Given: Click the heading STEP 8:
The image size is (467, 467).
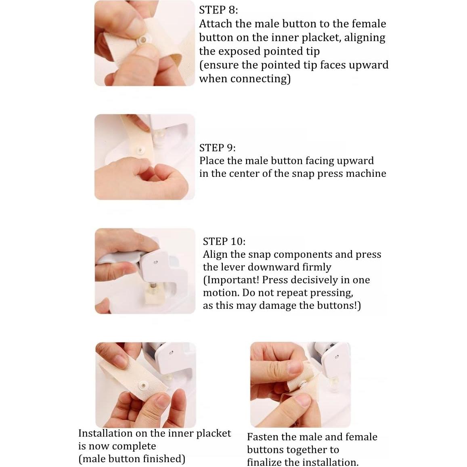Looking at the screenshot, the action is (218, 10).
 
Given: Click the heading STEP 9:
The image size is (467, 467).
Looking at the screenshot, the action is (217, 148).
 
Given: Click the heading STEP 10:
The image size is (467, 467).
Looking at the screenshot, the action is (224, 241).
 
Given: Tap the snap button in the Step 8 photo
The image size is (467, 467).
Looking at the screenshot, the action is (144, 40).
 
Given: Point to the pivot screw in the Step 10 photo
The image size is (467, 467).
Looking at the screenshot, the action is (155, 263).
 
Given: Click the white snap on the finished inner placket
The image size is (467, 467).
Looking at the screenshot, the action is (144, 386).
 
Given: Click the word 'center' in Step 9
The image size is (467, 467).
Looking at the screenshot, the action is (243, 174).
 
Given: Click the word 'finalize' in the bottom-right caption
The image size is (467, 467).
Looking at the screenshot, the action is (264, 462).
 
